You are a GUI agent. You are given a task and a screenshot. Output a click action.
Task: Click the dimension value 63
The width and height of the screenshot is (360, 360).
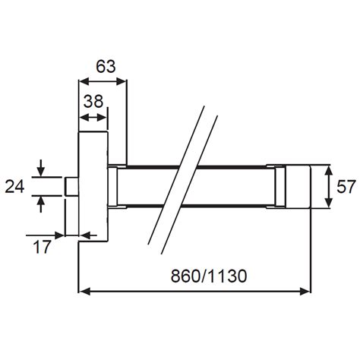pyautogui.click(x=106, y=66)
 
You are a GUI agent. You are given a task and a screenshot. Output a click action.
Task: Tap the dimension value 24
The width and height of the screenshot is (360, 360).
pyautogui.click(x=15, y=185)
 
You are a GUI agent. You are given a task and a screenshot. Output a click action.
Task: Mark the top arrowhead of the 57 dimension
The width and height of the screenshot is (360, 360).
pyautogui.click(x=328, y=169)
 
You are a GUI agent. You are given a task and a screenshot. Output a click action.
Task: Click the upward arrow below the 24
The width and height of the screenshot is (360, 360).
pyautogui.click(x=40, y=201)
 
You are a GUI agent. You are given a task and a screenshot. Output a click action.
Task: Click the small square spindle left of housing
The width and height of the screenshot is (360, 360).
pyautogui.click(x=72, y=185)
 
